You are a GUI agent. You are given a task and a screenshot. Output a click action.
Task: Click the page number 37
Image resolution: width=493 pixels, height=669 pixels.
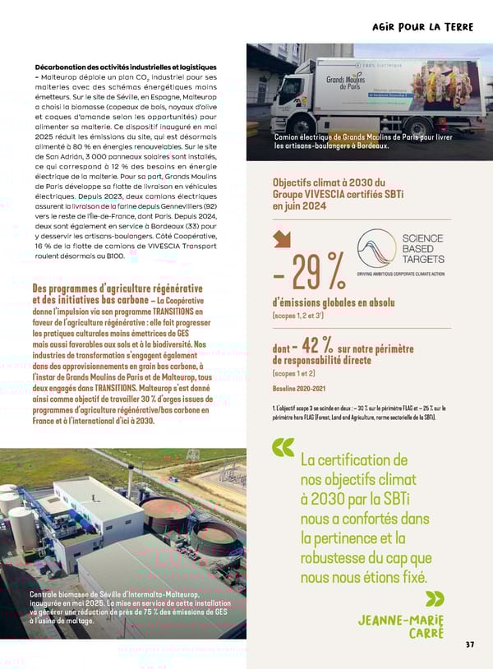[x=469, y=644]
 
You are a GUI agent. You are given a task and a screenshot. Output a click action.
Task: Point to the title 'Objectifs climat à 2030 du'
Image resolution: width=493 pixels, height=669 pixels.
[x=329, y=182]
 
